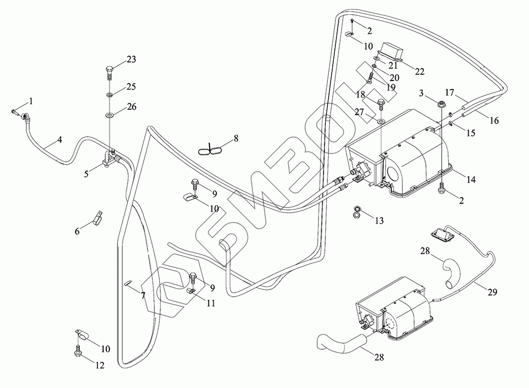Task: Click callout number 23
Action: (131, 59)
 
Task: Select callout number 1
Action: (31, 101)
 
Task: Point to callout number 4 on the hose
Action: (60, 140)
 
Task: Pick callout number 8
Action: (236, 139)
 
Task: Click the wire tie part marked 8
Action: (212, 150)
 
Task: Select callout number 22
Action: (419, 72)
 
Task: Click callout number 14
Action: (470, 180)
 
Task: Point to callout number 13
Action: (379, 221)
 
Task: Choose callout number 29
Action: (493, 292)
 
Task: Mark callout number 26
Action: (131, 107)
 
